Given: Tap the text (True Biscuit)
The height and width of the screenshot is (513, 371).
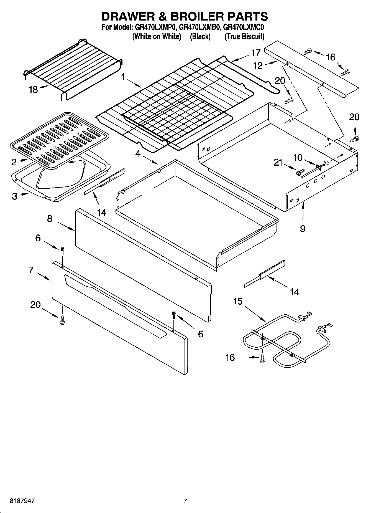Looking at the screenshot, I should pyautogui.click(x=244, y=36).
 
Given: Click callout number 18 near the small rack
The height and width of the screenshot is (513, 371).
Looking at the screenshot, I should pyautogui.click(x=33, y=90).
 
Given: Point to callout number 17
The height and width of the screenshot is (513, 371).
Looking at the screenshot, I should pyautogui.click(x=256, y=53).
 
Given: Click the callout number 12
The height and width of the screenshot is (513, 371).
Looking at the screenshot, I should pyautogui.click(x=258, y=65).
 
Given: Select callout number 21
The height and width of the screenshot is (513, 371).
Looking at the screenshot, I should pyautogui.click(x=278, y=163).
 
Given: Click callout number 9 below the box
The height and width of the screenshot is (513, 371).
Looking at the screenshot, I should pyautogui.click(x=303, y=229).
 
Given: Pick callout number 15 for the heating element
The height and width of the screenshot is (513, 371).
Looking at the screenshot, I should pyautogui.click(x=238, y=301).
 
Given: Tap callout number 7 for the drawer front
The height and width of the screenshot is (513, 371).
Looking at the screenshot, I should pyautogui.click(x=31, y=270).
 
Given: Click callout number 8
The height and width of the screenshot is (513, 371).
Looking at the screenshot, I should pyautogui.click(x=50, y=219).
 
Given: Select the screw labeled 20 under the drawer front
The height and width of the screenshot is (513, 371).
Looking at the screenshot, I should pyautogui.click(x=62, y=321).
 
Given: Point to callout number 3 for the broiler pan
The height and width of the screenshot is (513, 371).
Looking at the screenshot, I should pyautogui.click(x=14, y=196).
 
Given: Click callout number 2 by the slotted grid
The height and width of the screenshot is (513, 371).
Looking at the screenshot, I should pyautogui.click(x=14, y=162).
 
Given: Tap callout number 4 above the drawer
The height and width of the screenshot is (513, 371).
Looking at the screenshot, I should pyautogui.click(x=138, y=153).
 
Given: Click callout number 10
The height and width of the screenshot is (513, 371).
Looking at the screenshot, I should pyautogui.click(x=298, y=158).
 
